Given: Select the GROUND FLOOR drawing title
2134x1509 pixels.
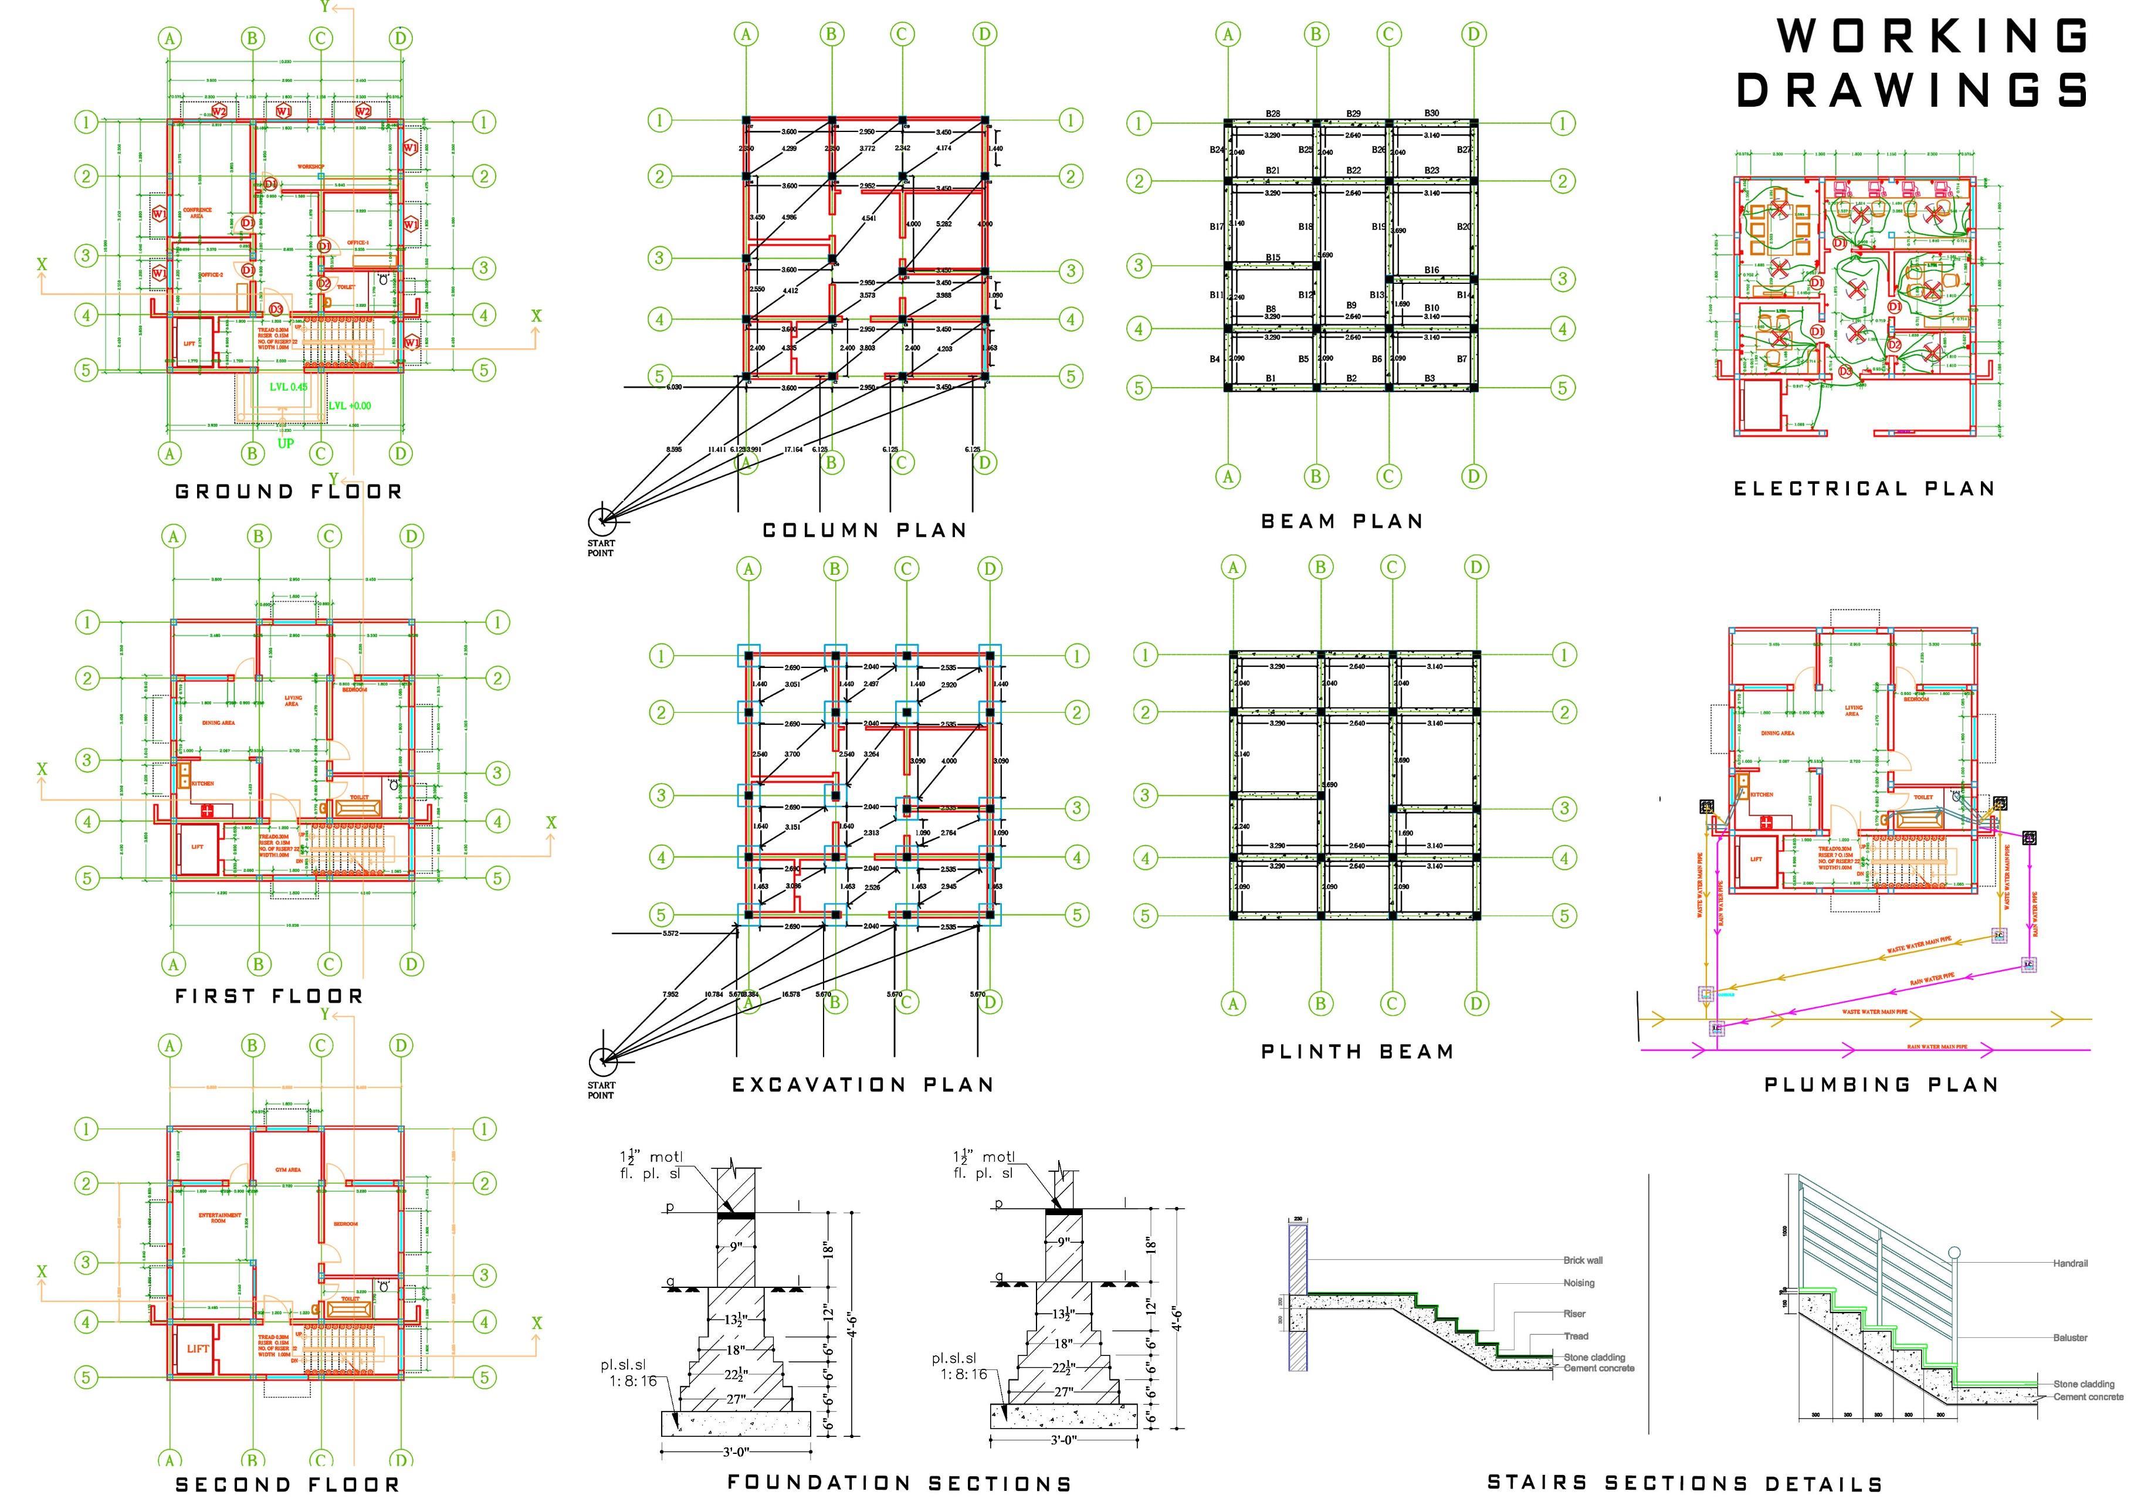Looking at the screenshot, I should [x=289, y=491].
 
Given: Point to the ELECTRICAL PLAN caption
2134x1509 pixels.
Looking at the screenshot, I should [x=1864, y=489].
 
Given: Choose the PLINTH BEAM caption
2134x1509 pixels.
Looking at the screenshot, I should [x=1357, y=1052].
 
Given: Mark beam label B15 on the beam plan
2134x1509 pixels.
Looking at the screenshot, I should [x=1272, y=258].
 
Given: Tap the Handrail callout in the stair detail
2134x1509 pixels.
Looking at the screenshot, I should [x=2070, y=1264].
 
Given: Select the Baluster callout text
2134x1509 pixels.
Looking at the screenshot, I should [x=2070, y=1338].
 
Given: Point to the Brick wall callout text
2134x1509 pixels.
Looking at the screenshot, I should [x=1583, y=1261].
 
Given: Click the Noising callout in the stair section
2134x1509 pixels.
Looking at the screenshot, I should [x=1579, y=1283].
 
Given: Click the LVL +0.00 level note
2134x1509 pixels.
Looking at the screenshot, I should [x=350, y=406].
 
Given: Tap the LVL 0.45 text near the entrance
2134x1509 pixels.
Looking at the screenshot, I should [x=289, y=386].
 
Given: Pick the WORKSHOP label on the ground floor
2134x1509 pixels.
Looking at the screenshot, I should [x=310, y=167].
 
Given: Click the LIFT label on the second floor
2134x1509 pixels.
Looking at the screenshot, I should [x=198, y=1348].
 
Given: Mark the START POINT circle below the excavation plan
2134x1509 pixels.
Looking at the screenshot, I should [x=602, y=1059].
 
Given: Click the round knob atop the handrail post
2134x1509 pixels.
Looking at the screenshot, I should [x=1954, y=1253].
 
